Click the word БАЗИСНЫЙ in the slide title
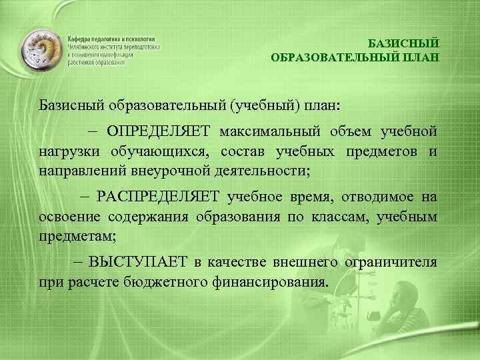pyautogui.click(x=404, y=43)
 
